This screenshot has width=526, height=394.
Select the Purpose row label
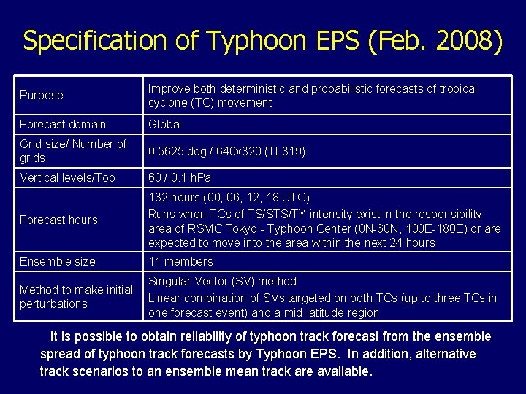point(42,95)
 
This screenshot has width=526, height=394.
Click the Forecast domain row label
point(63,124)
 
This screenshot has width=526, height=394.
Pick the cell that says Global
point(165,124)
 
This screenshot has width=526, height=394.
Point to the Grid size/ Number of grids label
point(73,151)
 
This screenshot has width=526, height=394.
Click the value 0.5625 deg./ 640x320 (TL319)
point(226,151)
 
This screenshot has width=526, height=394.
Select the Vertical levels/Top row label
point(67,177)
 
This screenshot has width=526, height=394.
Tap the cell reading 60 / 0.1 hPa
point(180,177)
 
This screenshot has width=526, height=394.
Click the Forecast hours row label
point(58,220)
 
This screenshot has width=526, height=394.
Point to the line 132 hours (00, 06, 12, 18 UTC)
point(229,197)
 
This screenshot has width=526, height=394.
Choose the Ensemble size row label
point(58,261)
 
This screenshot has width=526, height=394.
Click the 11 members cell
point(180,261)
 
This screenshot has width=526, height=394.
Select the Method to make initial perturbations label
point(76,296)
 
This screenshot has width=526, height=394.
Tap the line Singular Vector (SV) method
point(222,281)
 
